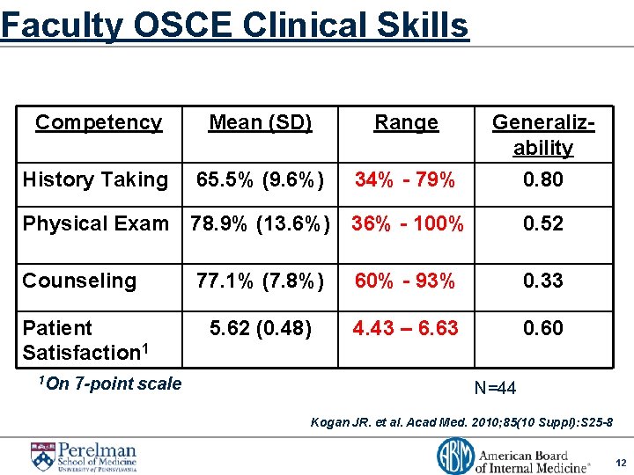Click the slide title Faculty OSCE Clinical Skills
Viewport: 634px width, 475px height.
pyautogui.click(x=234, y=25)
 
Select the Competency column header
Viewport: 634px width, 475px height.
pyautogui.click(x=99, y=122)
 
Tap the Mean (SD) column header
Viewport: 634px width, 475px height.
pyautogui.click(x=260, y=122)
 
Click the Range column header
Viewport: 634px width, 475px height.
pyautogui.click(x=406, y=122)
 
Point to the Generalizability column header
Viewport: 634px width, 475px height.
pyautogui.click(x=542, y=135)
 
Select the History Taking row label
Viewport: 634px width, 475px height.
pyautogui.click(x=95, y=179)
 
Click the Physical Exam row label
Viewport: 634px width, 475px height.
pyautogui.click(x=95, y=223)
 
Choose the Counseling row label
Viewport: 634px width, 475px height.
pyautogui.click(x=79, y=281)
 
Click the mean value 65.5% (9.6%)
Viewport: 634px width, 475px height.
pyautogui.click(x=260, y=180)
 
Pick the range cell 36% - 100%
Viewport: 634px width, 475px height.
pyautogui.click(x=407, y=223)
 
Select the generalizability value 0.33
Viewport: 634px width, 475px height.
pyautogui.click(x=542, y=281)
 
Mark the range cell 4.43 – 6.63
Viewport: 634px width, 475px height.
pyautogui.click(x=405, y=328)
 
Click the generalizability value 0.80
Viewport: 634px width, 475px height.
pyautogui.click(x=542, y=179)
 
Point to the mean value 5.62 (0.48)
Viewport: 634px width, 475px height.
pyautogui.click(x=260, y=328)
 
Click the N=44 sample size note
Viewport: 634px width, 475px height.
pyautogui.click(x=495, y=388)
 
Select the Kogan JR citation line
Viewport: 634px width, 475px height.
pyautogui.click(x=461, y=422)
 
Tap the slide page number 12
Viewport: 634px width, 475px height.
pyautogui.click(x=620, y=463)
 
